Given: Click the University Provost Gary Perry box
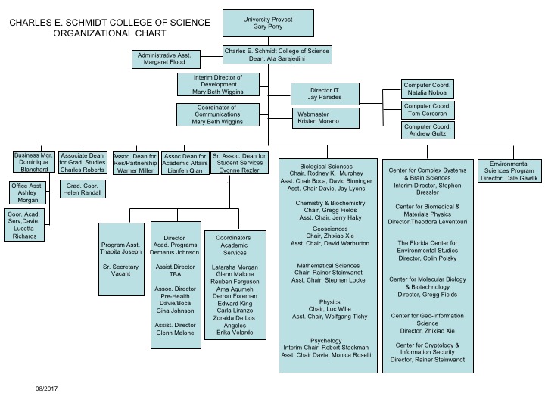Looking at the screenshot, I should (269, 22).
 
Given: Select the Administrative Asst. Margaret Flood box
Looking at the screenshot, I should (167, 60).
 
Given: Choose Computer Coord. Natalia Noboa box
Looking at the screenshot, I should (428, 89).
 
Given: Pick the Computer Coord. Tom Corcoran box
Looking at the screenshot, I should (428, 110).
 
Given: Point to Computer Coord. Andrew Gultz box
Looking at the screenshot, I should (428, 130).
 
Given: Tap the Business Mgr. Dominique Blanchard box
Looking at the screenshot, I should (33, 164).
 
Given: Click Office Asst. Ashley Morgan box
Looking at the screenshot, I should (28, 193).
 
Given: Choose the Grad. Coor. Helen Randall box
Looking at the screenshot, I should (81, 190).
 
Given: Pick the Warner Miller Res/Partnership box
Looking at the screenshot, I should (135, 164).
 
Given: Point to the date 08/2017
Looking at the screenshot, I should (47, 389).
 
